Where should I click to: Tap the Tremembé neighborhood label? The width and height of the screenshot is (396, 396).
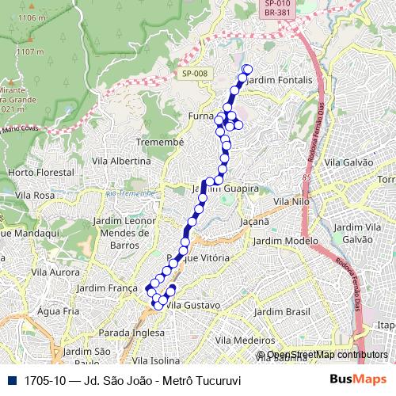pyautogui.click(x=160, y=141)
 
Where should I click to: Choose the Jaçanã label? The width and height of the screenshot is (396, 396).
pyautogui.click(x=255, y=224)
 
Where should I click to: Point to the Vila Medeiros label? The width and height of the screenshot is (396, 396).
pyautogui.click(x=245, y=339)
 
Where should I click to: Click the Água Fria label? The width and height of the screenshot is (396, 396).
pyautogui.click(x=59, y=311)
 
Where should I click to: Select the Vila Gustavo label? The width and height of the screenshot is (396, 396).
pyautogui.click(x=196, y=304)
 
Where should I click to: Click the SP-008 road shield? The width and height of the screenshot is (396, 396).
pyautogui.click(x=194, y=74)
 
